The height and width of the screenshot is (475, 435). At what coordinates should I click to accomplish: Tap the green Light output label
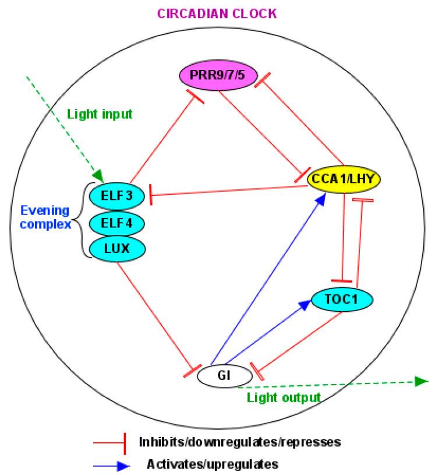(284, 397)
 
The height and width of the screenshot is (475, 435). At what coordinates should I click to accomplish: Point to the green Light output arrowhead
(423, 382)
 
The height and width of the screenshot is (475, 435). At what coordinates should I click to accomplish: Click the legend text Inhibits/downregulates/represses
(239, 442)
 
